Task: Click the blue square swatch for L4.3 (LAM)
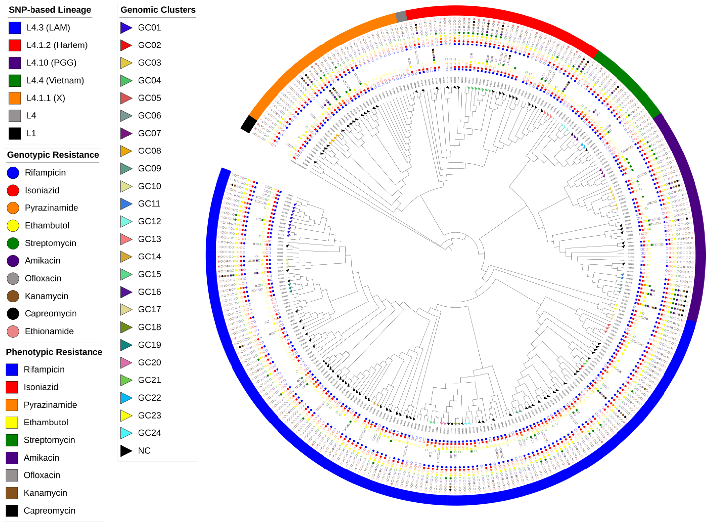coord(15,28)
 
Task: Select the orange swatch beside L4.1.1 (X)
coord(15,98)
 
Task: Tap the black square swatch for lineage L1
coord(15,133)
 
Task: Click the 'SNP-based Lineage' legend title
coord(50,10)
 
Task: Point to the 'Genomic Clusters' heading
coord(158,10)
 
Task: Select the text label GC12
coord(149,221)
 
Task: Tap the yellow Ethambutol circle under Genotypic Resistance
coord(13,226)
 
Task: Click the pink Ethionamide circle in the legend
coord(13,331)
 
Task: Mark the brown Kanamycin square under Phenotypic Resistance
coord(12,493)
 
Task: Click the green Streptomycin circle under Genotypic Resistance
coord(13,243)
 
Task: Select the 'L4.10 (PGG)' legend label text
coord(51,63)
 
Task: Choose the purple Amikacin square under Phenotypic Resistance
coord(12,458)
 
